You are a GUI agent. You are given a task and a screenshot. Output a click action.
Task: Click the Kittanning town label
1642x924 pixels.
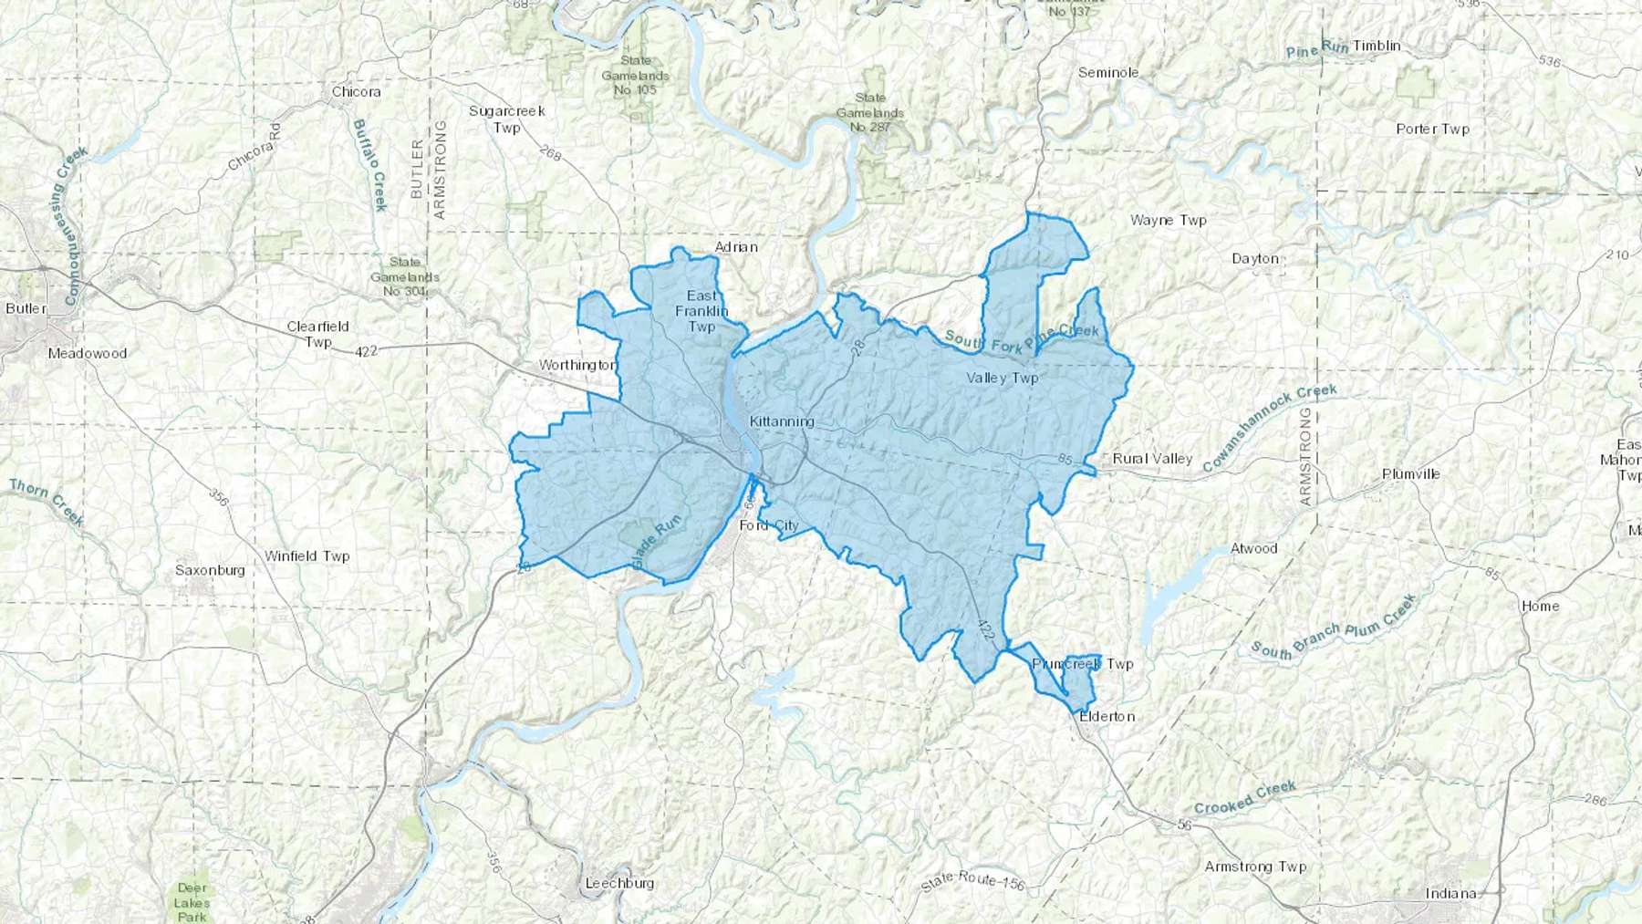781,421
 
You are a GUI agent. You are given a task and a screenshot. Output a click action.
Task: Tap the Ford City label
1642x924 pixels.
768,525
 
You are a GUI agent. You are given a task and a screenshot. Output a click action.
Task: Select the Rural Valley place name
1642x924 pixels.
1152,458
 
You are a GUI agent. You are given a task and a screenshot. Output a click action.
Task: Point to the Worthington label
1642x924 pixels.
577,365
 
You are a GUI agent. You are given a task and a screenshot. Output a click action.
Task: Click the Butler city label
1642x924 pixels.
26,308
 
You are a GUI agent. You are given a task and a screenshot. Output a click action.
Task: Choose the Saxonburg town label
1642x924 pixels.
210,570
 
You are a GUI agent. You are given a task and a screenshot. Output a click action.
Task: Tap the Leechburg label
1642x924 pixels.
619,883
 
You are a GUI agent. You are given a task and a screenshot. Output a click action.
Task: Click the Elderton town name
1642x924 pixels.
1107,716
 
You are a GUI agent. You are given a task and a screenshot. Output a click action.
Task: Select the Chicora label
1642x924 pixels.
356,91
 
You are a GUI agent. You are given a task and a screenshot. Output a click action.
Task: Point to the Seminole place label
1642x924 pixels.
1107,72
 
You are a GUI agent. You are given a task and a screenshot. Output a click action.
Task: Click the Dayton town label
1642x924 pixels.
1255,258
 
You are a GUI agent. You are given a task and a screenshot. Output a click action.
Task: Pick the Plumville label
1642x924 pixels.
1410,473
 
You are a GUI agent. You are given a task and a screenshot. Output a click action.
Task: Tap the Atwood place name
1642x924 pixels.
1253,548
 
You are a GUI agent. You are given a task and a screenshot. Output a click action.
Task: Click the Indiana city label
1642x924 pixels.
1450,893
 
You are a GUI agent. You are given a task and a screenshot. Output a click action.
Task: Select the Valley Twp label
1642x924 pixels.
1002,377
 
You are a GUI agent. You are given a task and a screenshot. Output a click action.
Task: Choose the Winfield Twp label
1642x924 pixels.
307,555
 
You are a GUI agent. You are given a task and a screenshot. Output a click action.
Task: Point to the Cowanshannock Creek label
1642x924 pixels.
1270,428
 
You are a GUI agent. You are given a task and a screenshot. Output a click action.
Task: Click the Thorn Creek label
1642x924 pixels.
46,502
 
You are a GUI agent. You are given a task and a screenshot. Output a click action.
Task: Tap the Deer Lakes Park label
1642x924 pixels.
192,901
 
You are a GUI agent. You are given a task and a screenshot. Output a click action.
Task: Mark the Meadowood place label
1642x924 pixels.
88,353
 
